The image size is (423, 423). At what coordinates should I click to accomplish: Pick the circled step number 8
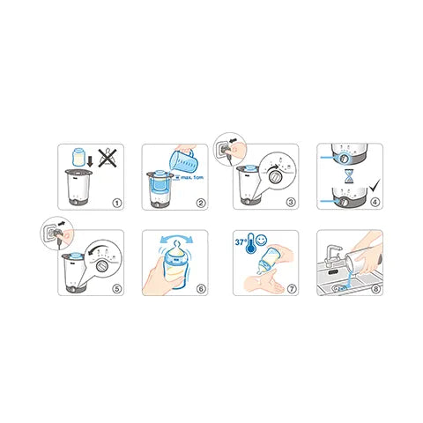pyautogui.click(x=373, y=288)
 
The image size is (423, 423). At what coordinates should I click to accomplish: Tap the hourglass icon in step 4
pyautogui.click(x=349, y=174)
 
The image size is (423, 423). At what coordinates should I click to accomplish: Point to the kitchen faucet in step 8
pyautogui.click(x=333, y=256)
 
